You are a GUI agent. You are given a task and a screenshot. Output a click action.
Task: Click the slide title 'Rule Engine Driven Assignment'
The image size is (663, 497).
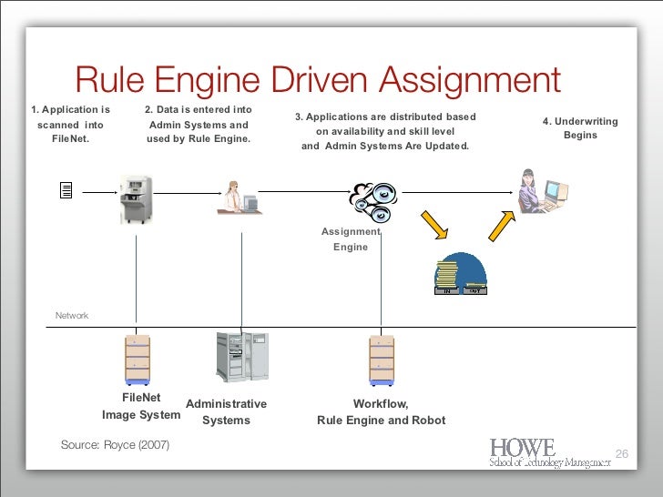pos(317,81)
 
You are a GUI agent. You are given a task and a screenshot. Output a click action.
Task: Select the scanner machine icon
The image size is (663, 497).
pos(136,195)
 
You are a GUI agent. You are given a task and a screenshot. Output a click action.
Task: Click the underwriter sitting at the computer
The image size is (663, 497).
pos(540,190)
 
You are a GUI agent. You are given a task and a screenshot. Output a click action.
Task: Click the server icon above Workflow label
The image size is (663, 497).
pos(382,360)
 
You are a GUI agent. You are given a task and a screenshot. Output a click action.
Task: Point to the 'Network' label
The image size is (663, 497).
pos(72,315)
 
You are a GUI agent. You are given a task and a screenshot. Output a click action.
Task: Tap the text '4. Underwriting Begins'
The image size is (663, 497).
pos(580,128)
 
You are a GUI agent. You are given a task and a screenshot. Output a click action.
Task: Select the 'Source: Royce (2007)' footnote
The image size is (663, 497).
pos(115,444)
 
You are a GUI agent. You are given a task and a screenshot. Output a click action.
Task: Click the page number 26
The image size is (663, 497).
pos(623,454)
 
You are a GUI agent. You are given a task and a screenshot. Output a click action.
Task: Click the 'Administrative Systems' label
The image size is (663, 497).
pos(226,412)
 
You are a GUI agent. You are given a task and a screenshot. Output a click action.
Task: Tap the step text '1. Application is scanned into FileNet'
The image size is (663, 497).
pos(70,125)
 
